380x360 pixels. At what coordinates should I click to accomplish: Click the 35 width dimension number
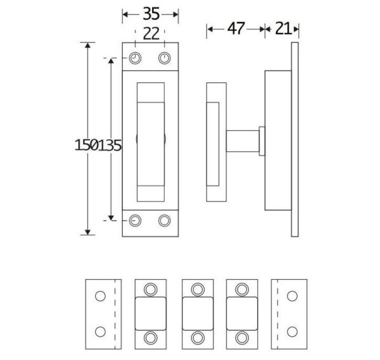(x=151, y=14)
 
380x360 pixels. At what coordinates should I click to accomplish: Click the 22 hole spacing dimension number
(x=151, y=34)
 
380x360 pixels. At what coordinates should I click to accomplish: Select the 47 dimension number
(x=236, y=28)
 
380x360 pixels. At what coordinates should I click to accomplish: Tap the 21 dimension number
(x=283, y=28)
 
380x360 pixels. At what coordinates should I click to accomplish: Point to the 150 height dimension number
(x=87, y=146)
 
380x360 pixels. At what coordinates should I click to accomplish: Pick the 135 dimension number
(x=110, y=146)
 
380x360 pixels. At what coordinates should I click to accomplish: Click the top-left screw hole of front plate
(x=135, y=58)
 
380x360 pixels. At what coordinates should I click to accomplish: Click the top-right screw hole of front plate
(x=164, y=58)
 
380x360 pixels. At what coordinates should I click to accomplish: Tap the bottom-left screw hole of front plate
(x=135, y=221)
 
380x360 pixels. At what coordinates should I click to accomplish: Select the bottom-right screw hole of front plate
(x=164, y=221)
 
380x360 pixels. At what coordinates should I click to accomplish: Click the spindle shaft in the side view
(x=243, y=141)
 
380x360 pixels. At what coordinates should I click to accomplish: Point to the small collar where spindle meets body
(x=262, y=141)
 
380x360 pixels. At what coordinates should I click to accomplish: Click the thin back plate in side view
(x=294, y=139)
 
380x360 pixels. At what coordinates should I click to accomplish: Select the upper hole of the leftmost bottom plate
(x=100, y=296)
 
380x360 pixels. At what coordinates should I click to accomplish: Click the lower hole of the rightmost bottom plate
(x=292, y=332)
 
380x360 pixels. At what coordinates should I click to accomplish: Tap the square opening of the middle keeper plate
(x=198, y=314)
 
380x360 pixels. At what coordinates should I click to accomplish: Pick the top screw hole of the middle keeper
(x=198, y=289)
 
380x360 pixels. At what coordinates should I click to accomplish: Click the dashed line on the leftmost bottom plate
(x=115, y=314)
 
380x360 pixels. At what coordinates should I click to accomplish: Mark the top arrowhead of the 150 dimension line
(x=88, y=45)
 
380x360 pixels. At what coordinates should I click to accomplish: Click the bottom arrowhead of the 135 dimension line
(x=111, y=218)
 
